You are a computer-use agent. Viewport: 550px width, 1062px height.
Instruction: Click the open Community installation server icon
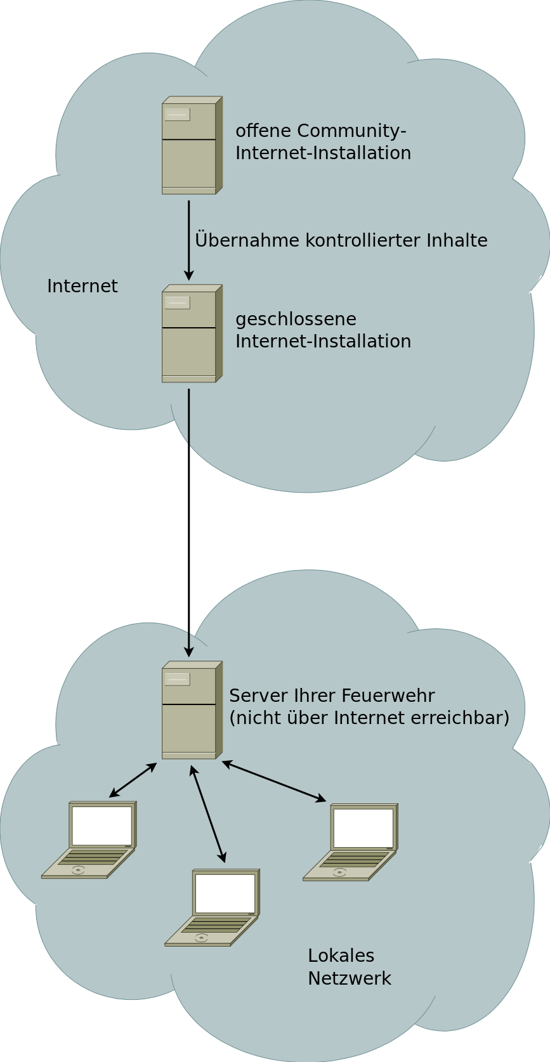(192, 145)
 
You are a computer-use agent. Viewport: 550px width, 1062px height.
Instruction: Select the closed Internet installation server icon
(192, 333)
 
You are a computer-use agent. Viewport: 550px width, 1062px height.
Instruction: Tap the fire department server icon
(192, 710)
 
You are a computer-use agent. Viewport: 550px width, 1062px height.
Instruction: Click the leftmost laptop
(89, 839)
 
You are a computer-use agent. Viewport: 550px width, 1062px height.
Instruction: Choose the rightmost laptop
(351, 842)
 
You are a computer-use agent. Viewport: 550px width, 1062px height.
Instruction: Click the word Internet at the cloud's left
(82, 287)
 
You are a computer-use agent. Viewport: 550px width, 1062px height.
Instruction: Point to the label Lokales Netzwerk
(349, 967)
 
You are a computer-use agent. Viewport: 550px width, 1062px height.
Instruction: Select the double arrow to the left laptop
(133, 780)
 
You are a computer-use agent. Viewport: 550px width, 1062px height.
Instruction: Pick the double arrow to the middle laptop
(208, 814)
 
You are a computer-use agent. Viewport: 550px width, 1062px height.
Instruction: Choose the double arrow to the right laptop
(274, 781)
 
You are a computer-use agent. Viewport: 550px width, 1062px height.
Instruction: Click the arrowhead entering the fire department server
(188, 652)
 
